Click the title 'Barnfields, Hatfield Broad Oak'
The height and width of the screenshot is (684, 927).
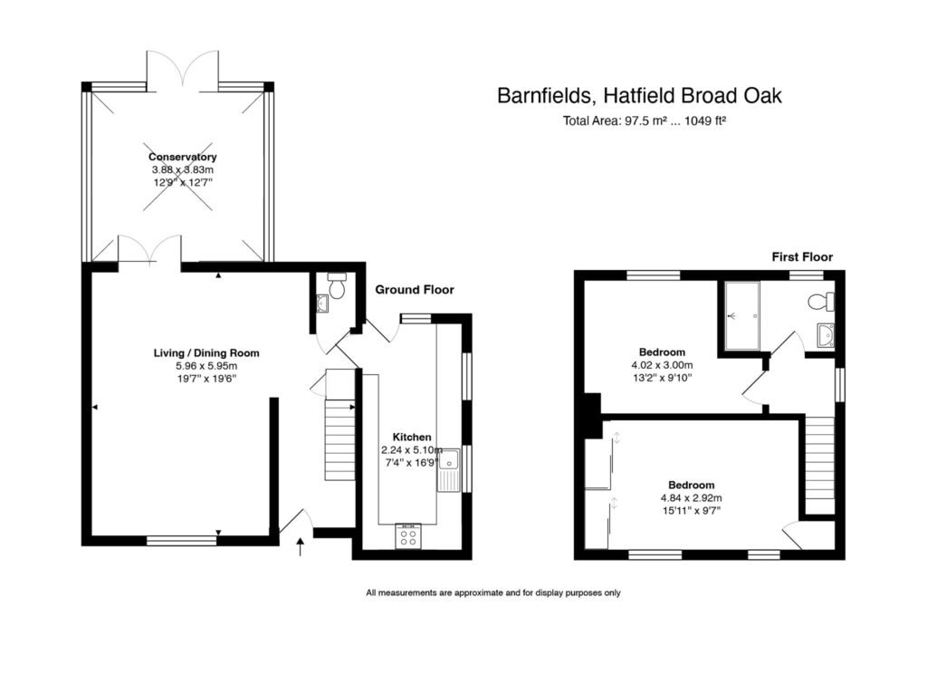639,95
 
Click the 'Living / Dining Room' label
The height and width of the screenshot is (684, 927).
199,352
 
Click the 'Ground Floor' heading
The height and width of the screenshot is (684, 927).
415,290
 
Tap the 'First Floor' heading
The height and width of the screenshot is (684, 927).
801,257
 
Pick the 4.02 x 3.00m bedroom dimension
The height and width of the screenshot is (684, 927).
662,366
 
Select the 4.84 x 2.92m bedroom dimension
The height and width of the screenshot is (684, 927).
691,497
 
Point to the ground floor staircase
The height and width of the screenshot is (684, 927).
339,426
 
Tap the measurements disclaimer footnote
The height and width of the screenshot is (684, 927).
492,593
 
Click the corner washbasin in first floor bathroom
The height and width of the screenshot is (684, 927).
825,336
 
